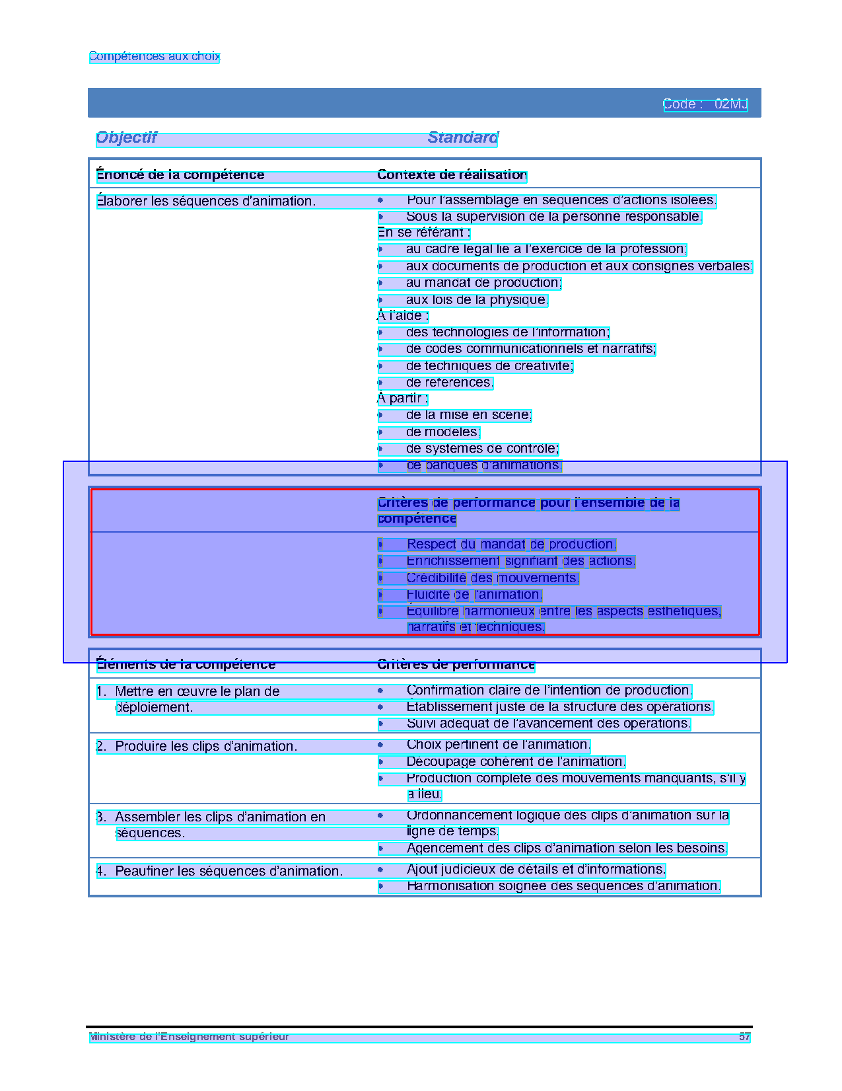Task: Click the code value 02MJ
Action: pos(730,104)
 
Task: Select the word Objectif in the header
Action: pos(127,137)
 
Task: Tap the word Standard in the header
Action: pos(462,137)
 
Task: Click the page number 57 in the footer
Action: pos(744,1036)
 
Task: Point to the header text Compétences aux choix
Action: pos(154,57)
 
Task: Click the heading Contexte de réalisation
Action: pos(452,175)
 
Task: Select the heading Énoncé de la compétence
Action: pos(180,175)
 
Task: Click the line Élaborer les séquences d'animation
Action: pos(206,201)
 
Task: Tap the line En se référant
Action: pos(423,233)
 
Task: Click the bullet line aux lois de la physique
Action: pos(477,300)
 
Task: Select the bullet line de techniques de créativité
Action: pos(489,366)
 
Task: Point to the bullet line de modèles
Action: pos(442,432)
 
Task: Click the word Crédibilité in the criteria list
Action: pos(436,578)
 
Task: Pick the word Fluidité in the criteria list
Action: pos(428,595)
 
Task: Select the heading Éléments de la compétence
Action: pos(186,664)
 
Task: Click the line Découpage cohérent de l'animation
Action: pos(515,762)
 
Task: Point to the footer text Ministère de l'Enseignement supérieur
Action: pos(190,1036)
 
